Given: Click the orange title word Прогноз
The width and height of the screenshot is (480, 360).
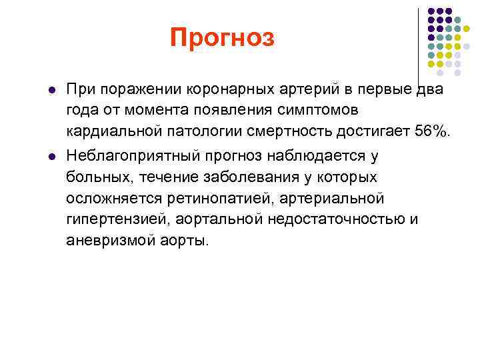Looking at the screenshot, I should click(222, 38).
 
